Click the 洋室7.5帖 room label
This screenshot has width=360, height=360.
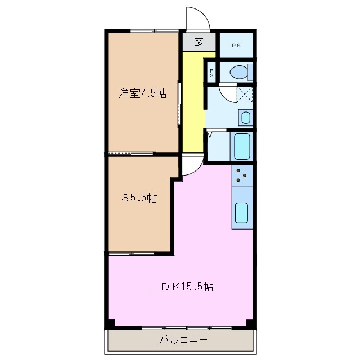142,94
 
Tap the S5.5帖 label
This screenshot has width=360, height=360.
139,198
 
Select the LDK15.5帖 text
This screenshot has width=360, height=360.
182,287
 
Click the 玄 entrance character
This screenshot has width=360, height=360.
199,41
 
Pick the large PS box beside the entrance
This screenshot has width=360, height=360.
235,46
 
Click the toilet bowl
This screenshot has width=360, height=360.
240,72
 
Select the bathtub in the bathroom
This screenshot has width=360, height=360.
242,147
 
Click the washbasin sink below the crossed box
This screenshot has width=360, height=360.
245,118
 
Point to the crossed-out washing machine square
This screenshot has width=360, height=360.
245,94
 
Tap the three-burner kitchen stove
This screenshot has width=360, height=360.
242,176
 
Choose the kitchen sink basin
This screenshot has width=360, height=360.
242,213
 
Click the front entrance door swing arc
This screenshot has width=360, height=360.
199,18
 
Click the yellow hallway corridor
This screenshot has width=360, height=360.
193,101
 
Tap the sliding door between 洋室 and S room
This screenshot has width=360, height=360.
130,153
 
